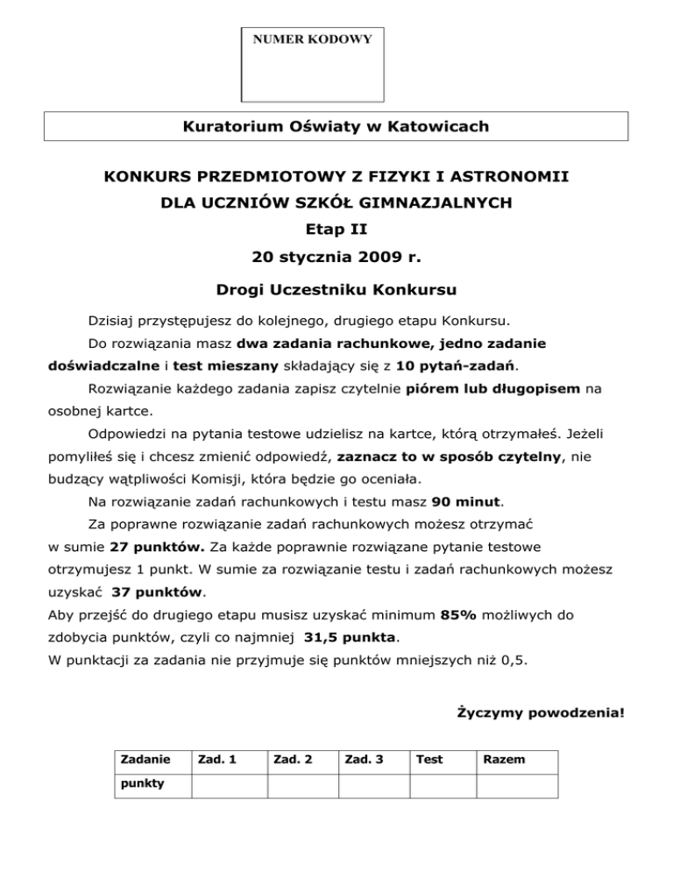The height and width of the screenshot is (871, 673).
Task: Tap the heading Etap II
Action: click(x=336, y=231)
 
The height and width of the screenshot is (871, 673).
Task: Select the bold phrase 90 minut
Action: click(x=468, y=502)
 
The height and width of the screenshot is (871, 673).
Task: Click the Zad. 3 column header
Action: click(x=363, y=761)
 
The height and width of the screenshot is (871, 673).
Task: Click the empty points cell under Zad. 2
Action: click(x=302, y=786)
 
